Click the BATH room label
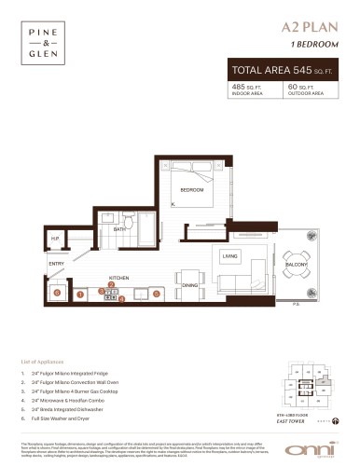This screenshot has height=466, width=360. point(119,228)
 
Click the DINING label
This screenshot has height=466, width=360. point(189,284)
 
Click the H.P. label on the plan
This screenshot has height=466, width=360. point(55,240)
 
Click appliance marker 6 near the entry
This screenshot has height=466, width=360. point(57,293)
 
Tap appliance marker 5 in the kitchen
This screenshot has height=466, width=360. point(157,294)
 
